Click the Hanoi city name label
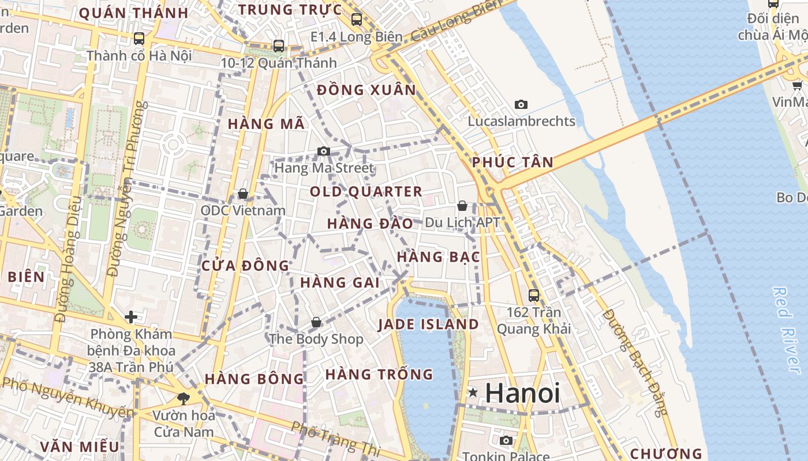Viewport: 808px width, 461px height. [x=522, y=393]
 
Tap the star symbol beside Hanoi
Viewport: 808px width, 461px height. [x=473, y=393]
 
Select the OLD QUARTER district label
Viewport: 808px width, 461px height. [x=366, y=191]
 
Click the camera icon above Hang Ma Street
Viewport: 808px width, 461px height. [x=324, y=152]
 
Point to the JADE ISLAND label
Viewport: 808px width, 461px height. [x=428, y=324]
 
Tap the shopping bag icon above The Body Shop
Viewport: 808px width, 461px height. [x=316, y=322]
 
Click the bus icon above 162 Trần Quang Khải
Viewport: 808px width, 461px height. [x=534, y=296]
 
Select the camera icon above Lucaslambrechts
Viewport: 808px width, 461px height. [x=521, y=104]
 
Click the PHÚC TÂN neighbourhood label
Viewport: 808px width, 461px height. [x=513, y=163]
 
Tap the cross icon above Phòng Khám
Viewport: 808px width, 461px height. [x=131, y=317]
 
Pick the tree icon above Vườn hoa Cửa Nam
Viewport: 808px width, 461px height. [x=184, y=398]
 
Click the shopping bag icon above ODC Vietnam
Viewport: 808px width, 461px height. [x=243, y=194]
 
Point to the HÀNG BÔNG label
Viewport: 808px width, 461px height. [x=254, y=379]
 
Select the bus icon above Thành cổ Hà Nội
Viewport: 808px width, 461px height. [x=139, y=39]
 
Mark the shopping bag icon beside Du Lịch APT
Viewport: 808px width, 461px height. [x=462, y=206]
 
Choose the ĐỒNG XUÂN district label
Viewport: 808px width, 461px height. [x=366, y=90]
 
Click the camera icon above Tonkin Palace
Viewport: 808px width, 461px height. [x=506, y=441]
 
